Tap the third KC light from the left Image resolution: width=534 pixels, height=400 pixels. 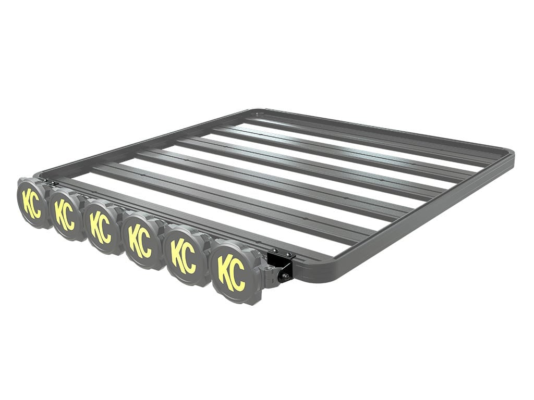click(x=101, y=227)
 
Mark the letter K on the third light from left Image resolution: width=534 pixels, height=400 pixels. click(x=95, y=224)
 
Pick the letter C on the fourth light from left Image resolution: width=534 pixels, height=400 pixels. click(x=145, y=244)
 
